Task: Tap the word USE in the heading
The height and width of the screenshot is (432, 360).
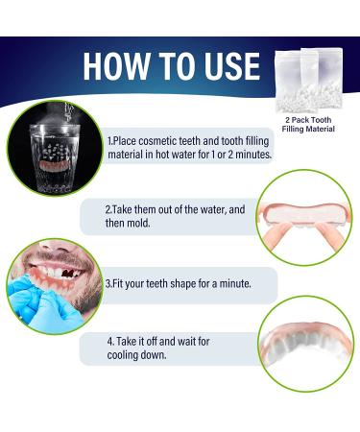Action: [x=232, y=66]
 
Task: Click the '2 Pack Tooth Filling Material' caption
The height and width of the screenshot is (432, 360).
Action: [x=308, y=125]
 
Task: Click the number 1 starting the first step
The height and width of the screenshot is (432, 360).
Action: [x=109, y=141]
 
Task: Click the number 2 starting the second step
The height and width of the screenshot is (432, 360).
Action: [x=108, y=209]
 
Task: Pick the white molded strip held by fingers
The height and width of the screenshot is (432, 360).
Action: [x=304, y=214]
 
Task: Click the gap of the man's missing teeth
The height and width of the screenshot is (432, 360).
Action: [x=68, y=273]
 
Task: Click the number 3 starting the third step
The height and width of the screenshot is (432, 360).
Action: [x=108, y=283]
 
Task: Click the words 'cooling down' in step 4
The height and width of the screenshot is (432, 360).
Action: [x=136, y=355]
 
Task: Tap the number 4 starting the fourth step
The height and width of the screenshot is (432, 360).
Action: [x=110, y=342]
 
